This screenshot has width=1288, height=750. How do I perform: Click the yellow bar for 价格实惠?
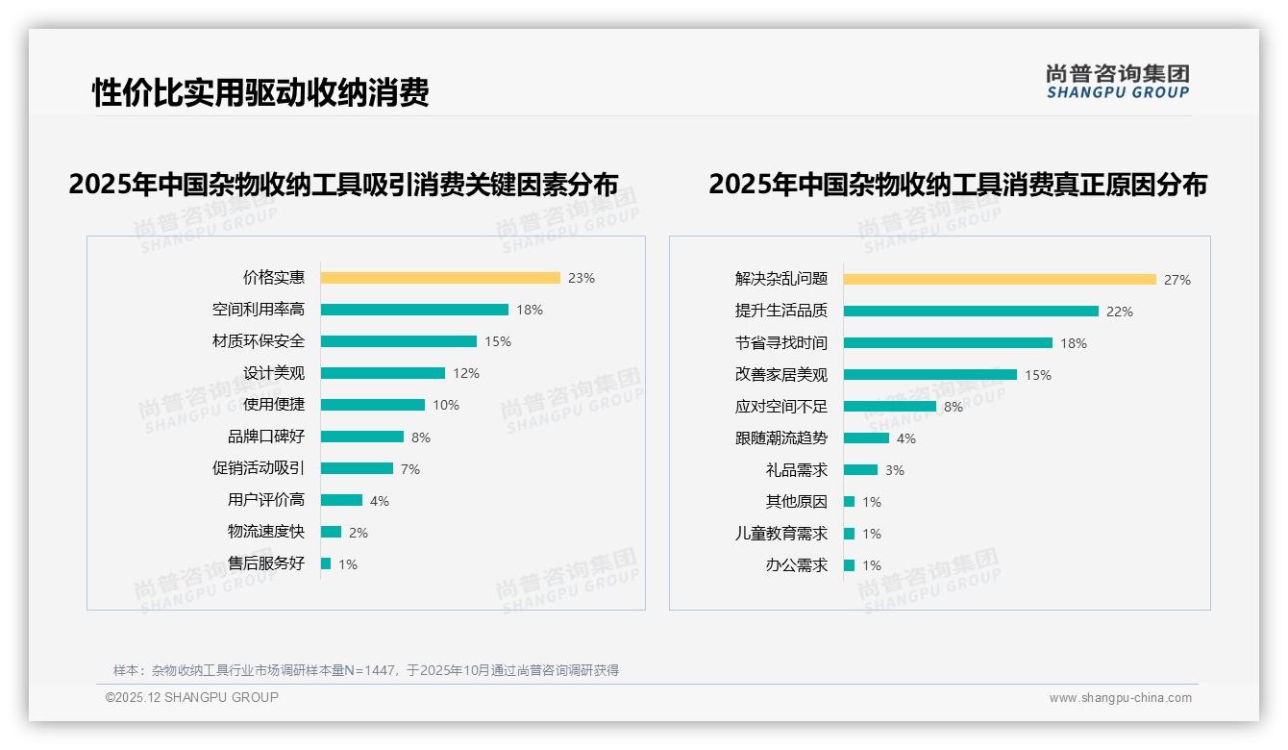tap(439, 278)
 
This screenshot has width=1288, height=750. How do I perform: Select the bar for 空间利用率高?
tap(413, 310)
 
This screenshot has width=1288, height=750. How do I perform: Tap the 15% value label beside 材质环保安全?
tap(498, 341)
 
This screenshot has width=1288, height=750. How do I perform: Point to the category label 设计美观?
tap(274, 373)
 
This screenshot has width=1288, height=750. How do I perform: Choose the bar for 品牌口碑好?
tap(361, 437)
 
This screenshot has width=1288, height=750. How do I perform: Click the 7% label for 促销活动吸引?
tap(410, 469)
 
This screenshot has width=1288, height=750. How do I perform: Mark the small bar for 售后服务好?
tap(326, 563)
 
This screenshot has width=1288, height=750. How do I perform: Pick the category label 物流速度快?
tap(266, 532)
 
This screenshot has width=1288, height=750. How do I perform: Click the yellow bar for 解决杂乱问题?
tap(1000, 280)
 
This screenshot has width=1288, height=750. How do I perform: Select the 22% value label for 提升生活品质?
tap(1120, 312)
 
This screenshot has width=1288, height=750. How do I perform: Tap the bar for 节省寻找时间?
tap(948, 343)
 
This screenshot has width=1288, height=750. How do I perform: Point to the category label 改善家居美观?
tap(781, 375)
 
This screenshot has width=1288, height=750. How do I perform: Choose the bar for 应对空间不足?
tap(889, 407)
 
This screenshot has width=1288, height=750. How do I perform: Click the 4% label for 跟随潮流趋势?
tap(906, 438)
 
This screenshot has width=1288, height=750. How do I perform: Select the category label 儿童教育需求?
tap(781, 534)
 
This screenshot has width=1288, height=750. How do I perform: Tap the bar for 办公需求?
tap(849, 565)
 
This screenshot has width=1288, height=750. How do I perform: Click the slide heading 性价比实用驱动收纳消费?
tap(260, 92)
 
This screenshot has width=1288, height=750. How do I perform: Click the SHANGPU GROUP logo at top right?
tap(1118, 82)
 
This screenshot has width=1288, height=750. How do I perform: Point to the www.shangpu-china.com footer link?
tap(1120, 698)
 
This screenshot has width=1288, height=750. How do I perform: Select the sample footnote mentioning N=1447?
tap(366, 670)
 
